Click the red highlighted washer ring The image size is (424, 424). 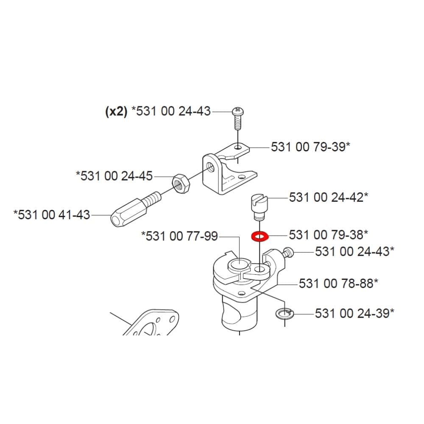(x=259, y=236)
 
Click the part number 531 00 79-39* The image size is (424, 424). (x=310, y=147)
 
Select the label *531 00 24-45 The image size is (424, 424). (x=114, y=176)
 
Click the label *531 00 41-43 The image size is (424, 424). (x=52, y=215)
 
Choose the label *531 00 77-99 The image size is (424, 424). (x=179, y=236)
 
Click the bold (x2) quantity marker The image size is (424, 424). (x=116, y=112)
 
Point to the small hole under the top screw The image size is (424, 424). (x=238, y=148)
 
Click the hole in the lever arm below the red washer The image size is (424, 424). (x=259, y=269)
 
